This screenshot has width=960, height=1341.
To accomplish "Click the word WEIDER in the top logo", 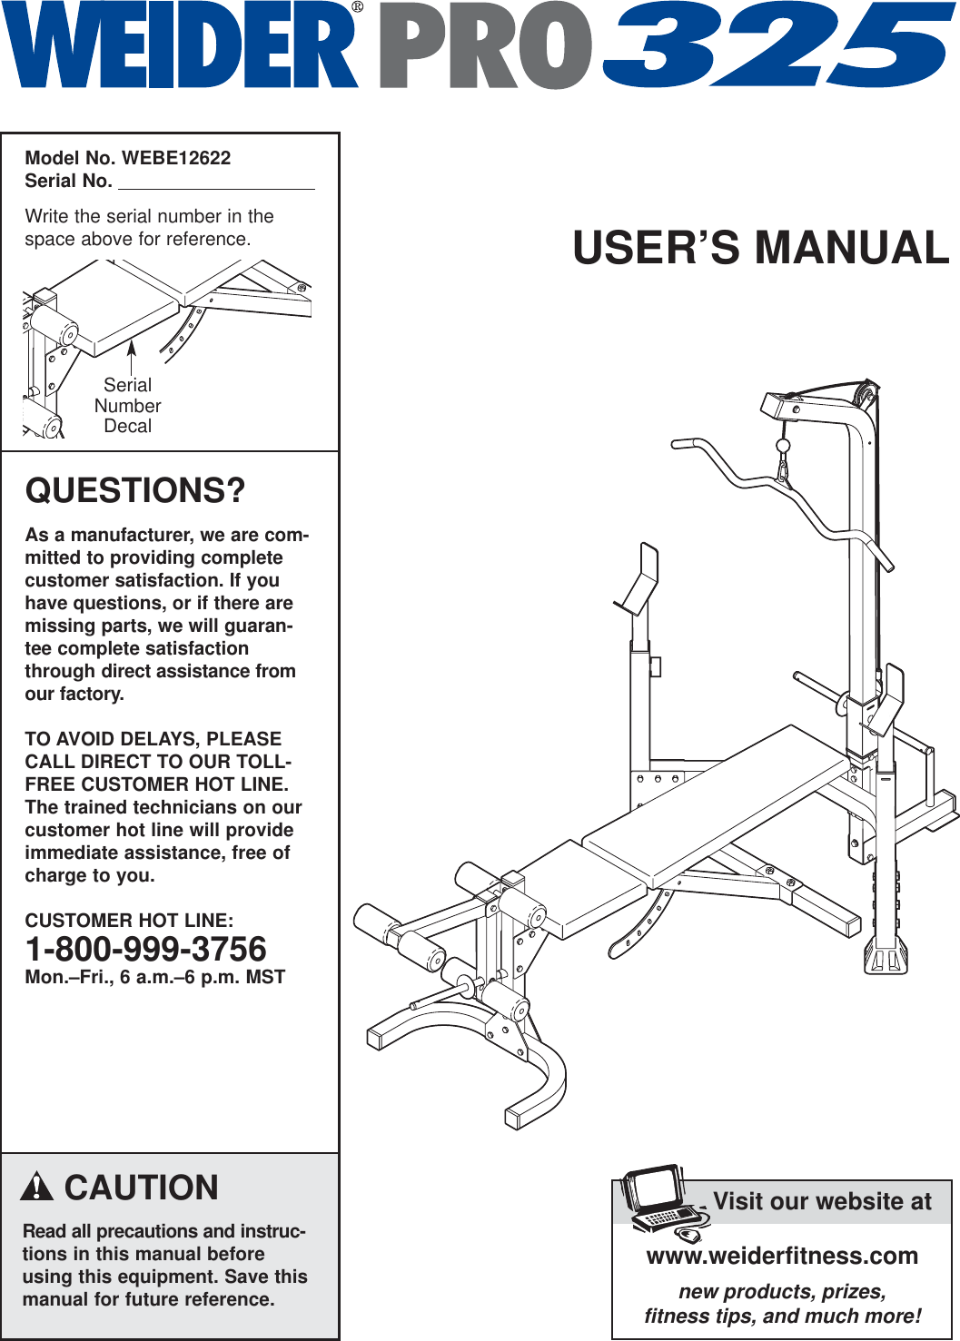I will tap(178, 45).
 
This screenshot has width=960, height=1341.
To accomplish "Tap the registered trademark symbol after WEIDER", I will tap(357, 7).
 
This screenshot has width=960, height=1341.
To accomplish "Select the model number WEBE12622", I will tap(176, 158).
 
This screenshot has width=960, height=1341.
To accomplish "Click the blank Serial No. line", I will tap(216, 183).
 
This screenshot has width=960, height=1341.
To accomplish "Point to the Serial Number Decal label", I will tap(128, 406).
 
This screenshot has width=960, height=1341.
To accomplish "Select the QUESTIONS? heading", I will tap(135, 491).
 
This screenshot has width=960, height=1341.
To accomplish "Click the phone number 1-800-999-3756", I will tap(146, 950).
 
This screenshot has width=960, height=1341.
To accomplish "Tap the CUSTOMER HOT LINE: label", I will tap(129, 921).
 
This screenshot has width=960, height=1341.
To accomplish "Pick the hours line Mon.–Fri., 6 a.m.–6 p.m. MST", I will tap(155, 978).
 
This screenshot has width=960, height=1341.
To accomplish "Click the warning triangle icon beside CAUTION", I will tap(37, 1187).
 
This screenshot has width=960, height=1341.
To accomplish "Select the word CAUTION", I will tap(142, 1188).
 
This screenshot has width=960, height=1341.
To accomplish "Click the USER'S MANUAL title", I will tap(761, 248).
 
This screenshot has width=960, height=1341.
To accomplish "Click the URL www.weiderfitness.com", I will tap(782, 1256).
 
